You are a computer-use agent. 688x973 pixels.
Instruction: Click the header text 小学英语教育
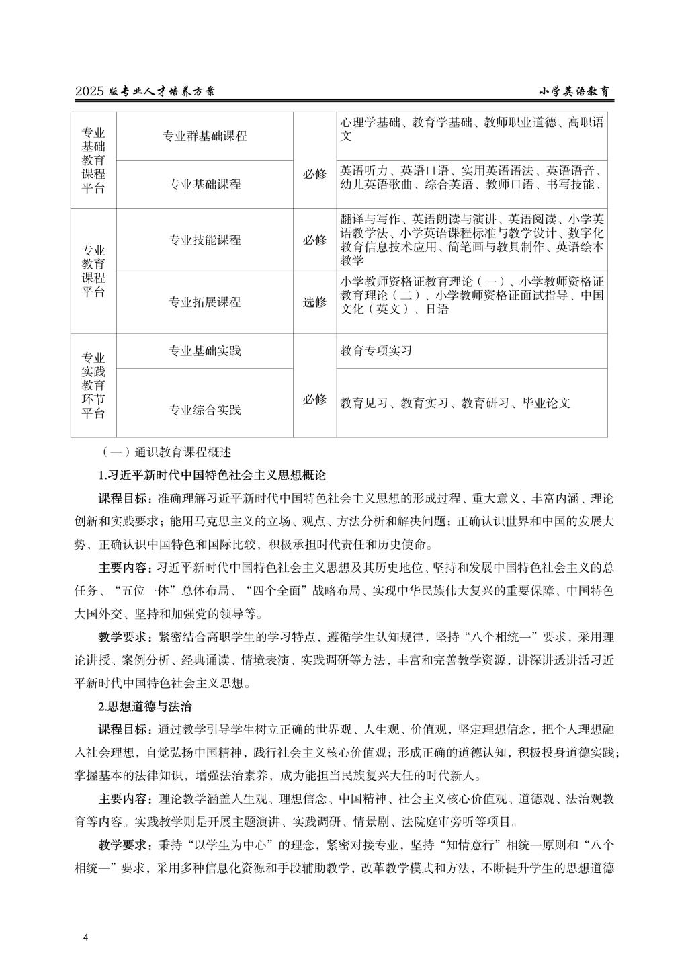point(578,91)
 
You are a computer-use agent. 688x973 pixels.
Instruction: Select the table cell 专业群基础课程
point(204,136)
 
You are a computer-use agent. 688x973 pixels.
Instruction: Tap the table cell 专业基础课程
point(204,184)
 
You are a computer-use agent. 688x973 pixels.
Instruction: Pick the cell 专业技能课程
point(204,240)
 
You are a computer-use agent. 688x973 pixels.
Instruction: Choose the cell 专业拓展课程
point(204,302)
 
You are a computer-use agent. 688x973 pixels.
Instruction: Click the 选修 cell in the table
point(314,302)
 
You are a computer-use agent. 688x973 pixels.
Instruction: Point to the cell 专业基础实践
point(204,351)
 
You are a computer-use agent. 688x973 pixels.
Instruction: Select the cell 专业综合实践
point(204,409)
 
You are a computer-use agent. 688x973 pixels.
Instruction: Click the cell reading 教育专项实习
point(376,351)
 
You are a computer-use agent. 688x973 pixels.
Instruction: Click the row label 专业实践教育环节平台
point(93,385)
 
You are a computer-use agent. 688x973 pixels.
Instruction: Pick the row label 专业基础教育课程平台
point(93,161)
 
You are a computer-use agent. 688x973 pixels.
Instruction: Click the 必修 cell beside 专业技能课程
point(314,240)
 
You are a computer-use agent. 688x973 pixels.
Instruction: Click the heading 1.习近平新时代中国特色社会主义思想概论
point(212,476)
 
